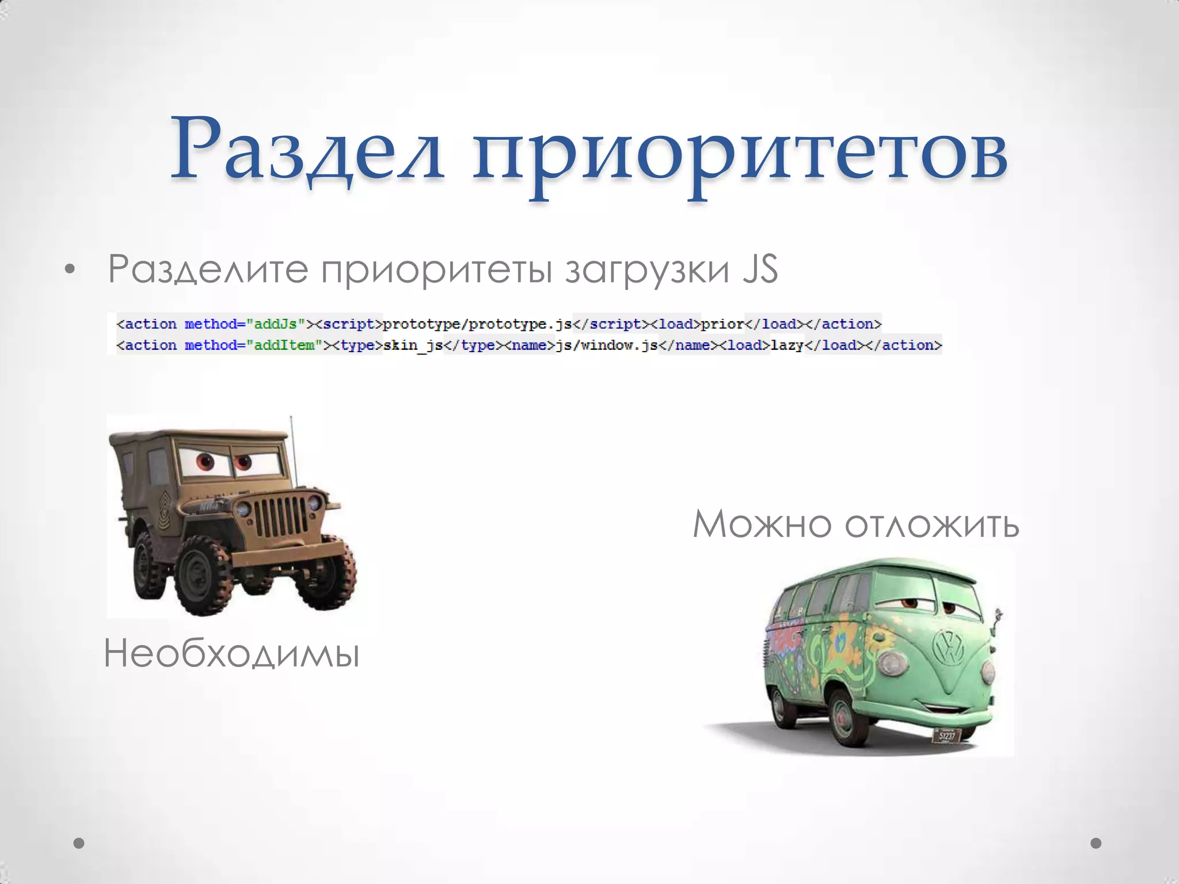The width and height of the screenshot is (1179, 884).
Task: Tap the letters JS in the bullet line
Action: point(760,269)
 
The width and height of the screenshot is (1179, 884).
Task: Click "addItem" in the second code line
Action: point(284,345)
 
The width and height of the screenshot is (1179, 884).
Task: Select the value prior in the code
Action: point(722,324)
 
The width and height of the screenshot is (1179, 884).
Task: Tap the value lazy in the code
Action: point(787,345)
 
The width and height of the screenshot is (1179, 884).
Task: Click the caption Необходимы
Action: point(231,654)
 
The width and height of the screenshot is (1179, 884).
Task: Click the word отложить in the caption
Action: point(932,524)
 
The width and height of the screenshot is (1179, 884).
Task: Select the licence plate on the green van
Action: point(946,736)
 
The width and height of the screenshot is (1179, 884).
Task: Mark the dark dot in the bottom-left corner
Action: point(79,843)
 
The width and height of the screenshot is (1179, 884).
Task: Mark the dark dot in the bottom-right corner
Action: point(1096,843)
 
